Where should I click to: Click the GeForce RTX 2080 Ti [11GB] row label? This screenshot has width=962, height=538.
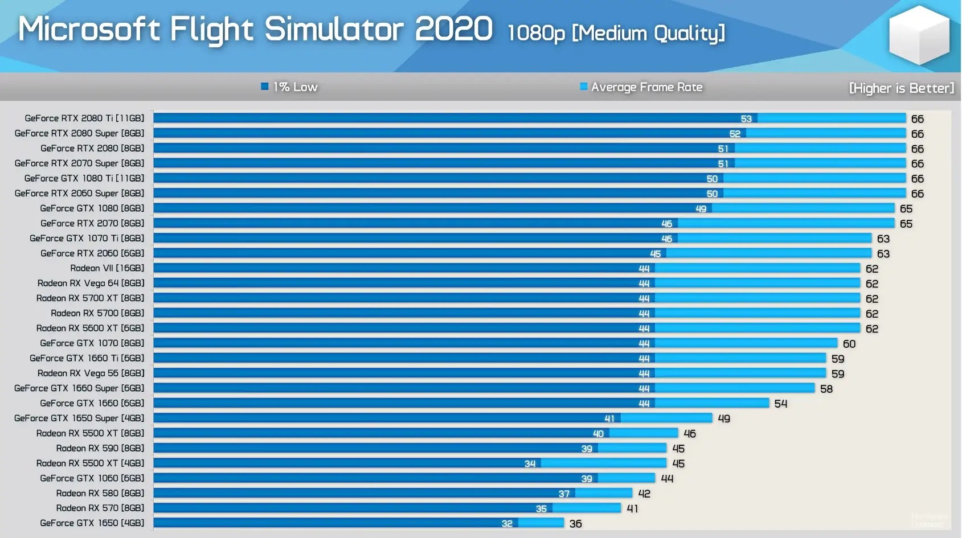[84, 118]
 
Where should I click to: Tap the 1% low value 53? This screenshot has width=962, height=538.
[746, 119]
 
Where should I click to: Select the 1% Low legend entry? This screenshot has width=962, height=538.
[289, 87]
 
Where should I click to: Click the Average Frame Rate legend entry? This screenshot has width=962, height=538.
[641, 87]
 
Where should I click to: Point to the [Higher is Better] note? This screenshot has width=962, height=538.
[901, 88]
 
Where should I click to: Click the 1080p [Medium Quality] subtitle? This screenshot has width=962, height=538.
[616, 33]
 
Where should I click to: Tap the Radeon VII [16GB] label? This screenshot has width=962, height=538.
[107, 268]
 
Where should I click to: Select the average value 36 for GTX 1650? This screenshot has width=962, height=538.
[575, 524]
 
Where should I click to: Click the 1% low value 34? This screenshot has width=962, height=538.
[530, 464]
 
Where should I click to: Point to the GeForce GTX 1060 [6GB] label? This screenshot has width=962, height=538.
[92, 478]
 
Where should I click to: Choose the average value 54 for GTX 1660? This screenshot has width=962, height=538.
[780, 404]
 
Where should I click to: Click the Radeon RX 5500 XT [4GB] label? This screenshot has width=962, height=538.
[90, 463]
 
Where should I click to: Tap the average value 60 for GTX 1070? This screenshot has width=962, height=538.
[849, 344]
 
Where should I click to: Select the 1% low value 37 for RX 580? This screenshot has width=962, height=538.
[564, 494]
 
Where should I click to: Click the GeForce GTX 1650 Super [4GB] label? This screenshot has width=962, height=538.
[79, 418]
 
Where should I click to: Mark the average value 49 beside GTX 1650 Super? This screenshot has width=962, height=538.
[723, 418]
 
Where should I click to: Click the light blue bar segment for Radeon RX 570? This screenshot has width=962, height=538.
[587, 508]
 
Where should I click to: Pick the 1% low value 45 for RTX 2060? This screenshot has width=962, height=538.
[655, 254]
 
